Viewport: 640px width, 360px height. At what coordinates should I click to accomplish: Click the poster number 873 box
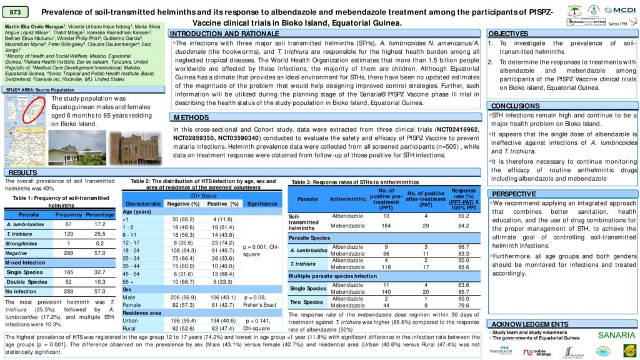16,12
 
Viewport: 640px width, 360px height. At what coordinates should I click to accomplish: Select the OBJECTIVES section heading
508,33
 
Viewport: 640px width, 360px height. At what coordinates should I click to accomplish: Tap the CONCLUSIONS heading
516,106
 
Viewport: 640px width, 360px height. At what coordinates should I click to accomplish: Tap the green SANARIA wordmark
616,335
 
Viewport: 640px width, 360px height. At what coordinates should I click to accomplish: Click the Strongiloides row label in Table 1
21,244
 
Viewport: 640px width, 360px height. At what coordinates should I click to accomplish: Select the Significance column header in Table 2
262,204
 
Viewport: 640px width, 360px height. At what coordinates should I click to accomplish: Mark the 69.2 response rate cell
464,215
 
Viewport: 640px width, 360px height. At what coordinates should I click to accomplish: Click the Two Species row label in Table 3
307,302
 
